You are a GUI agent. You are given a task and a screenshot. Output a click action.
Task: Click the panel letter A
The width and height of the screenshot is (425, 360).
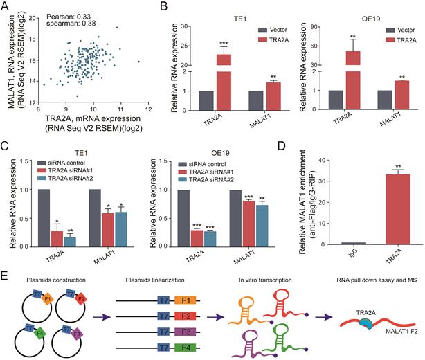[6, 6]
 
